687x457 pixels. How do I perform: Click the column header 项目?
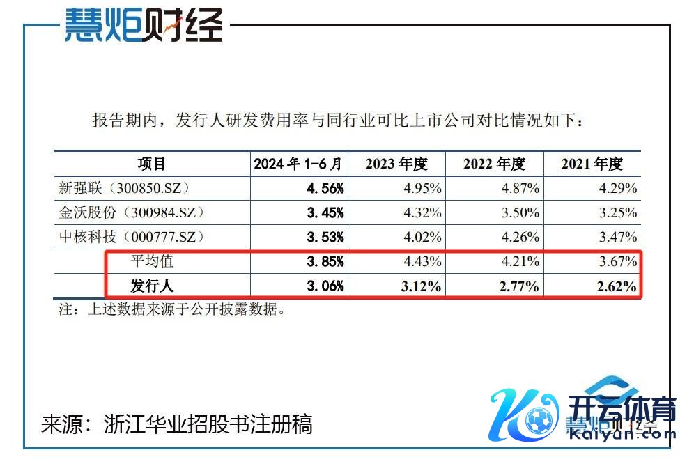click(152, 164)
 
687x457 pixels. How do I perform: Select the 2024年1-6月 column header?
click(298, 164)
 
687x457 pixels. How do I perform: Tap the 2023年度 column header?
click(396, 164)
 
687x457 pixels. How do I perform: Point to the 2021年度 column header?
click(592, 164)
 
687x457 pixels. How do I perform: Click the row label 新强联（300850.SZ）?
click(125, 188)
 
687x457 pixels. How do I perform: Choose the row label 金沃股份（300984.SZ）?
click(132, 212)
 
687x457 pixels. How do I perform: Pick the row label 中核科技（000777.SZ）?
click(132, 237)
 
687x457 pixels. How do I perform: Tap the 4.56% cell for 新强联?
click(325, 188)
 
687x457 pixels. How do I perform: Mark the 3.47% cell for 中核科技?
click(616, 237)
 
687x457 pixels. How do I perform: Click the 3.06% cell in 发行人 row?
click(325, 286)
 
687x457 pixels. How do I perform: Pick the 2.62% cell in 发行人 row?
click(616, 286)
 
